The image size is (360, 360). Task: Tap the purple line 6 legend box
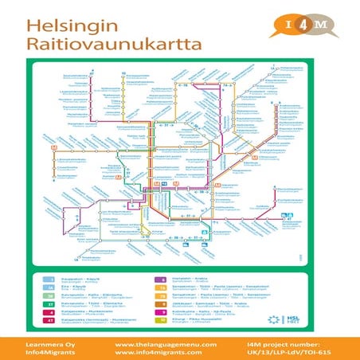(x=159, y=280)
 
